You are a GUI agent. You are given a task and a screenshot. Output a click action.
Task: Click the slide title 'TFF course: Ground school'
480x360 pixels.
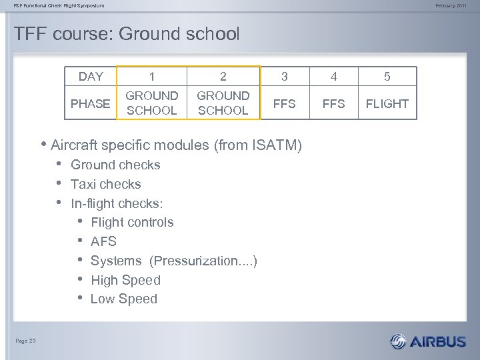click(126, 34)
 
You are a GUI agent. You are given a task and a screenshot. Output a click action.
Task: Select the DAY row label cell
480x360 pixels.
click(91, 77)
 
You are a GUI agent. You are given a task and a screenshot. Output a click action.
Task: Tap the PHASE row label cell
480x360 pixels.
click(91, 103)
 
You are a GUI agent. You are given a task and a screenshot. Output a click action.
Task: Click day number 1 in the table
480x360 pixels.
click(152, 77)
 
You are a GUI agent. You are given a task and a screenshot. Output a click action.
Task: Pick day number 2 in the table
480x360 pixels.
click(223, 77)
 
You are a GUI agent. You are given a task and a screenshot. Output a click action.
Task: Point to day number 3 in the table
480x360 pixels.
click(285, 77)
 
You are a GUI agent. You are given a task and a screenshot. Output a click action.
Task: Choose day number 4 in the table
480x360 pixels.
click(334, 77)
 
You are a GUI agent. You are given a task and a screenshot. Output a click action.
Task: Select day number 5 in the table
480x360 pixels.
click(387, 77)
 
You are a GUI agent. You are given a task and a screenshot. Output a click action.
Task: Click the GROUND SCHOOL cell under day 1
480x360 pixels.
click(152, 103)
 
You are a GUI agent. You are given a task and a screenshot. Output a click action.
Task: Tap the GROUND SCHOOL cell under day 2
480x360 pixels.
click(223, 103)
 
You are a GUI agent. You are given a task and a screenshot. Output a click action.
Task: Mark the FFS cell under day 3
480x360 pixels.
click(285, 104)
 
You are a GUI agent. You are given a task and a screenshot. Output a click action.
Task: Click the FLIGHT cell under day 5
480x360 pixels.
click(387, 104)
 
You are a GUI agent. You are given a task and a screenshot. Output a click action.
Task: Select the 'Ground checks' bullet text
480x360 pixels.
click(115, 165)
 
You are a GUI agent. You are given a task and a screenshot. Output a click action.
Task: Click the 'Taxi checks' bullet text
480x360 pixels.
click(105, 184)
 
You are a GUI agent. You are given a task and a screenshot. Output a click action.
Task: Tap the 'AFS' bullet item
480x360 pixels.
click(103, 241)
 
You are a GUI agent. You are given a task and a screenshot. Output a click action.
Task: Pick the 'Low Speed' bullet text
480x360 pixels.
click(123, 299)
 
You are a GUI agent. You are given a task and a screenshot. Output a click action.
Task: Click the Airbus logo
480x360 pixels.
click(428, 341)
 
